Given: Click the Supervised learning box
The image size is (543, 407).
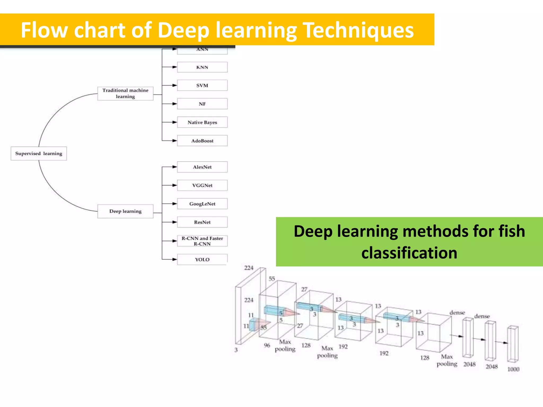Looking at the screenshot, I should (39, 153).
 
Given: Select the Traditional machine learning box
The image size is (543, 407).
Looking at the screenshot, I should (125, 94).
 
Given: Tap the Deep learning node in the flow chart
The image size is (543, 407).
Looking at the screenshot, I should (125, 211).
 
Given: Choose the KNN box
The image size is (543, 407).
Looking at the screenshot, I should (202, 67).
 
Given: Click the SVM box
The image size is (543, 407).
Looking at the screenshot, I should (202, 85).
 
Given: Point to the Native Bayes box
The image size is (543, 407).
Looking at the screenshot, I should (202, 122).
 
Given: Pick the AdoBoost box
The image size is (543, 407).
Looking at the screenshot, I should (202, 141).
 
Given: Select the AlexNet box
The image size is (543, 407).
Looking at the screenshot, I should (202, 167).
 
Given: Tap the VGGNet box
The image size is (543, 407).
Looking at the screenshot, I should (202, 185).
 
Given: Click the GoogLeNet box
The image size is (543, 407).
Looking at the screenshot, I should (202, 204).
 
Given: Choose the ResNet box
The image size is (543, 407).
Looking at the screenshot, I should (202, 222).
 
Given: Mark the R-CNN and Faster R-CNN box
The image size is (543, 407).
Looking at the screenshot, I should (202, 241).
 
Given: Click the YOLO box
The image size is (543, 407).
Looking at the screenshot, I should (202, 259).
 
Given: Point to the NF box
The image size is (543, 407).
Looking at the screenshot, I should (202, 104).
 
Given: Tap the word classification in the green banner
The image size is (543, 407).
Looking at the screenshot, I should (409, 253).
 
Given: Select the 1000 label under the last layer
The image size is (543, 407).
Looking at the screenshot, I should (513, 369).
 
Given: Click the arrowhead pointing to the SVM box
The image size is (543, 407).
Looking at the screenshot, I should (175, 85).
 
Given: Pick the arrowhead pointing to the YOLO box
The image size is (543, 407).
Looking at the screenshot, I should (175, 259).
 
